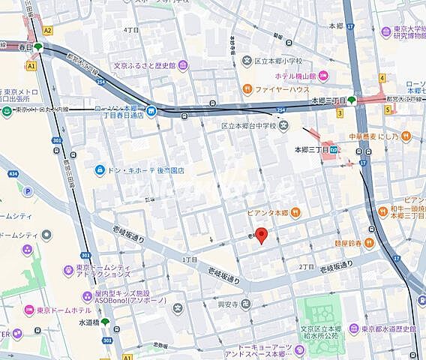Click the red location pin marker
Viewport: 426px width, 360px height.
pos(261,235)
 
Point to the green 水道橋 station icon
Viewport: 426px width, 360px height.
pos(105,322)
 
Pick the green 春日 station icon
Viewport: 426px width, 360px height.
pos(38,47)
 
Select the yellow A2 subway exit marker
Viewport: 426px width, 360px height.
pos(48,31)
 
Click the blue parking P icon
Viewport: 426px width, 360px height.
pos(28,191)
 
